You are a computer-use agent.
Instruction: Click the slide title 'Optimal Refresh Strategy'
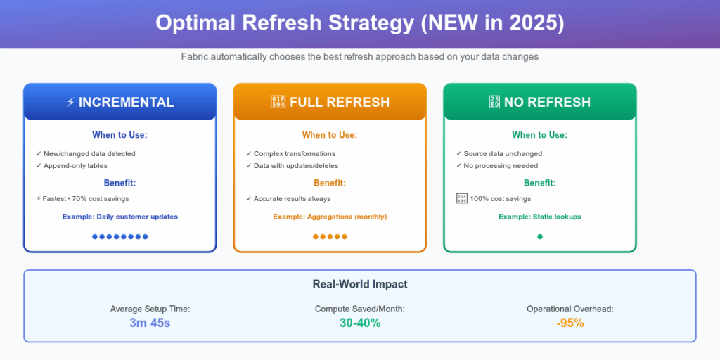click(285, 23)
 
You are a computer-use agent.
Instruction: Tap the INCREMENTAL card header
click(120, 102)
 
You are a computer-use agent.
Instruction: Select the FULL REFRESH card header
click(330, 102)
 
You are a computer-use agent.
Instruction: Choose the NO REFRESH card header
click(539, 102)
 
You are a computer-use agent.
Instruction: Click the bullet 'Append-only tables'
click(72, 166)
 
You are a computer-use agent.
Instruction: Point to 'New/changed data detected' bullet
click(86, 154)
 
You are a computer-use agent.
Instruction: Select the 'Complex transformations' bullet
click(290, 154)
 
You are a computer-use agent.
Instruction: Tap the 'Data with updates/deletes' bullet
click(292, 166)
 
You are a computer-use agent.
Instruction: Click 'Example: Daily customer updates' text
click(120, 217)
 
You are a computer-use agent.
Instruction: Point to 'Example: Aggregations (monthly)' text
click(330, 217)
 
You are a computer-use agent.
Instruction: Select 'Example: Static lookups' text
click(539, 217)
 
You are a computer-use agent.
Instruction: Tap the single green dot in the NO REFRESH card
click(540, 237)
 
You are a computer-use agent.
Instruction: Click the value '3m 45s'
click(150, 323)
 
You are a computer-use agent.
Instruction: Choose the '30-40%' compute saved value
click(360, 323)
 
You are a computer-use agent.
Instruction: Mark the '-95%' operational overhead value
click(570, 323)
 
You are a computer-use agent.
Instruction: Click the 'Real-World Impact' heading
click(360, 284)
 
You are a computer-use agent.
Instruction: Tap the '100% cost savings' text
click(500, 199)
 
